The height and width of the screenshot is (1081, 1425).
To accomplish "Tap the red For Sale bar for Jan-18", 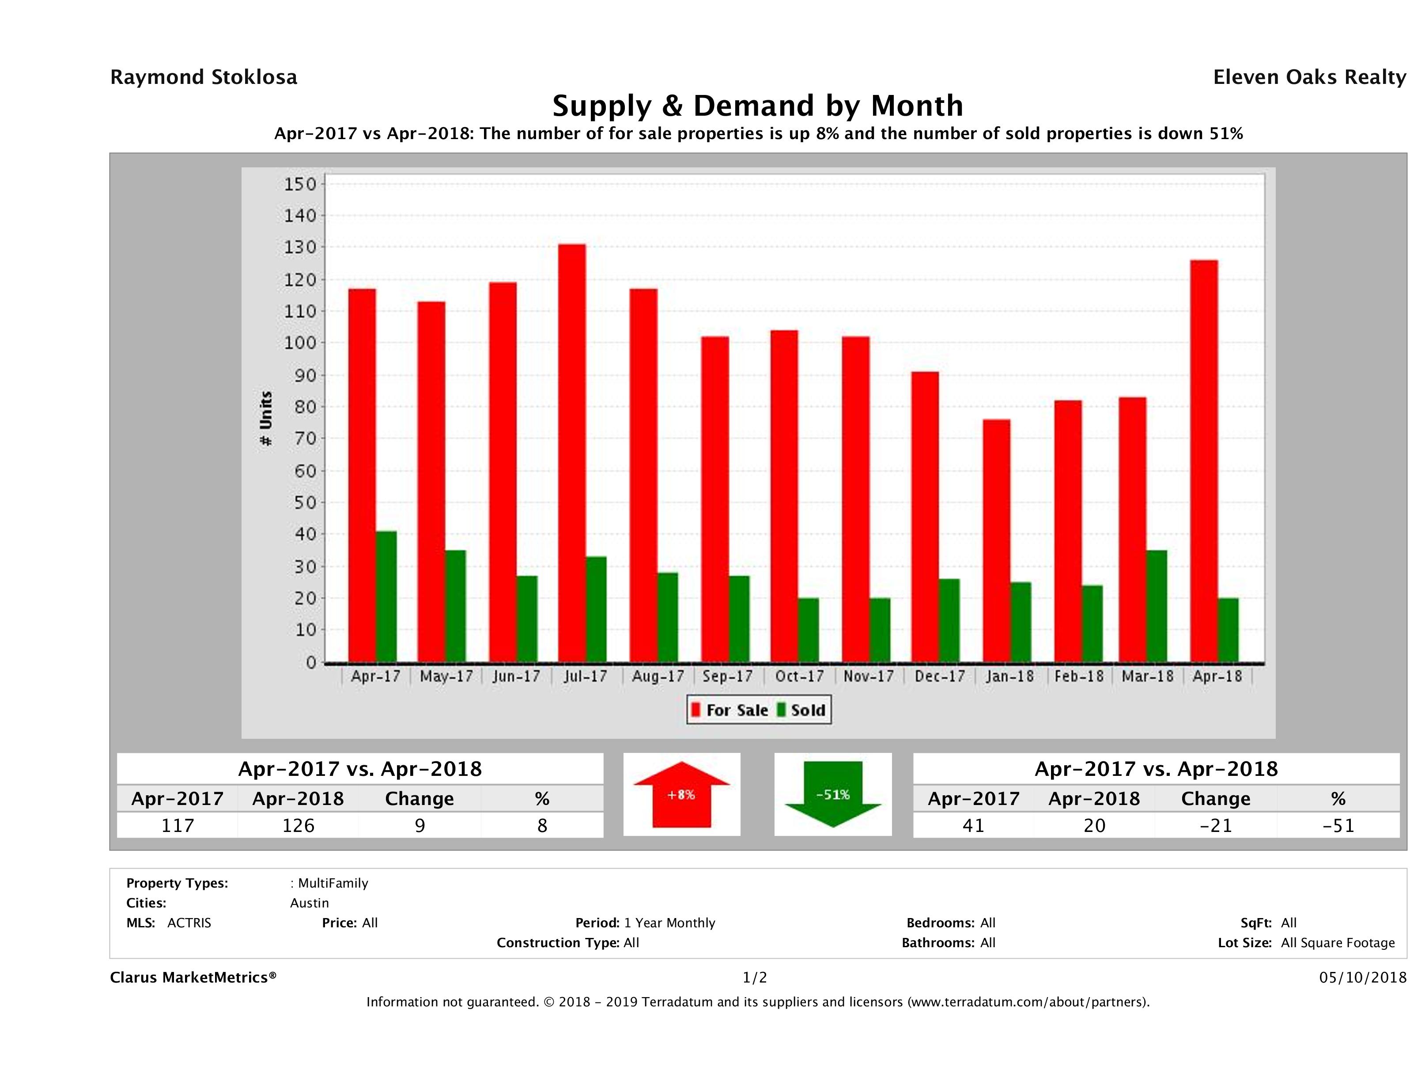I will tap(997, 541).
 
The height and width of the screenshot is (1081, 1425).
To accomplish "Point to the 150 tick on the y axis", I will tap(300, 184).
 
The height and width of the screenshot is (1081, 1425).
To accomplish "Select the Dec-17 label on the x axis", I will tap(940, 677).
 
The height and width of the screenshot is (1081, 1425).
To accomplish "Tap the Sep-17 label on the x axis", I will tap(728, 677).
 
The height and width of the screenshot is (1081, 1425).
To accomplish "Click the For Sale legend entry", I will tap(730, 711).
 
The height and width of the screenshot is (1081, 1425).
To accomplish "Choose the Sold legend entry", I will tap(802, 711).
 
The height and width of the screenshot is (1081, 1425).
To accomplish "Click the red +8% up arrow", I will tap(681, 794).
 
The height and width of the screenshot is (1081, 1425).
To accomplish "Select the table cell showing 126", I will tap(298, 825).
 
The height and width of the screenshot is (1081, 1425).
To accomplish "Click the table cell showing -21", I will tap(1216, 825).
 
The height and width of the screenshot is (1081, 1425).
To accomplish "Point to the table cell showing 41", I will tap(973, 825).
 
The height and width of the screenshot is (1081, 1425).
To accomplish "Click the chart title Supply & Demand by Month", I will tap(758, 106).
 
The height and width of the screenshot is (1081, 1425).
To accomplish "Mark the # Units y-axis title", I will tap(265, 419).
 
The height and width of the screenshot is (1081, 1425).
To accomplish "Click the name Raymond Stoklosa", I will tap(204, 77).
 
